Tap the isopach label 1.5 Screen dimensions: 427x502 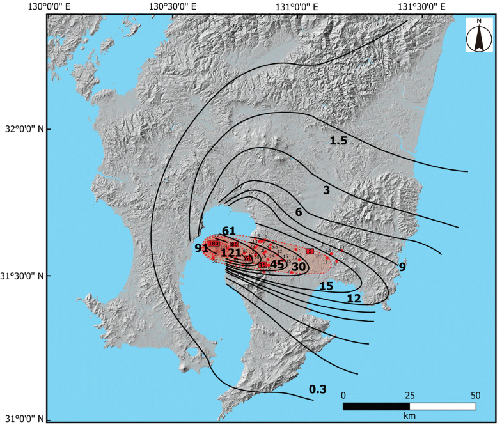pyautogui.click(x=338, y=141)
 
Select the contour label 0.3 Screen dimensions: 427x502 pyautogui.click(x=317, y=389)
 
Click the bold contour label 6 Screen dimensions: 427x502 pyautogui.click(x=298, y=212)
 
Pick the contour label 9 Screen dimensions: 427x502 pyautogui.click(x=402, y=267)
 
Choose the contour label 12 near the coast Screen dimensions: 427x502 pyautogui.click(x=354, y=299)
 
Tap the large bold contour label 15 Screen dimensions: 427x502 pyautogui.click(x=326, y=286)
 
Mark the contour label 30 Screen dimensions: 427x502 pyautogui.click(x=299, y=267)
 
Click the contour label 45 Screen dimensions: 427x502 pyautogui.click(x=276, y=263)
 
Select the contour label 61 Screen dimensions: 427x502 pyautogui.click(x=229, y=231)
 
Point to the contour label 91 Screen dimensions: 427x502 pyautogui.click(x=201, y=248)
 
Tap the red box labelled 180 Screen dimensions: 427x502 pyautogui.click(x=214, y=244)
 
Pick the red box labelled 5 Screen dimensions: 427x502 pyautogui.click(x=310, y=251)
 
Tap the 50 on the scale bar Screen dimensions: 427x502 pyautogui.click(x=475, y=394)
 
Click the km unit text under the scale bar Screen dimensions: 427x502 pyautogui.click(x=409, y=416)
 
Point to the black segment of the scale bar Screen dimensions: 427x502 pyautogui.click(x=376, y=406)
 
